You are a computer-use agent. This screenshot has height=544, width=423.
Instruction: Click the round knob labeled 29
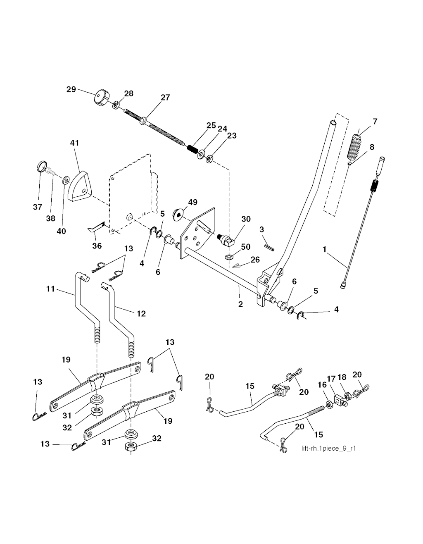100,98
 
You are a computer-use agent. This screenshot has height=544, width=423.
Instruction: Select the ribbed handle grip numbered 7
354,147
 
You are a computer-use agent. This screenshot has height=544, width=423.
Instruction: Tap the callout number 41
74,143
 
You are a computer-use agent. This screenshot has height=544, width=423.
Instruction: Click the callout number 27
165,98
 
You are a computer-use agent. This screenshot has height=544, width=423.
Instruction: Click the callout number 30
246,220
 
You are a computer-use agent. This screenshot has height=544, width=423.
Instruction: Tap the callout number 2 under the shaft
240,304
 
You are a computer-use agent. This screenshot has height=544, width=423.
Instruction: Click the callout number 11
50,289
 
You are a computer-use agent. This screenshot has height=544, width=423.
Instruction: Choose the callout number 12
141,314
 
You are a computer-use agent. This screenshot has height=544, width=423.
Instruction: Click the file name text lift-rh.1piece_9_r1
329,449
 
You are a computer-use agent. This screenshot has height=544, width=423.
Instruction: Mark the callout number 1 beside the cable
325,249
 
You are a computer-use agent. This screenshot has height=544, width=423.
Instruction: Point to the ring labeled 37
41,168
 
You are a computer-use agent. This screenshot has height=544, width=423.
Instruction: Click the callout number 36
97,246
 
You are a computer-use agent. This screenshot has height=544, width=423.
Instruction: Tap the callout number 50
245,247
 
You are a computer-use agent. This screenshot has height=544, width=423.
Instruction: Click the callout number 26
255,259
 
